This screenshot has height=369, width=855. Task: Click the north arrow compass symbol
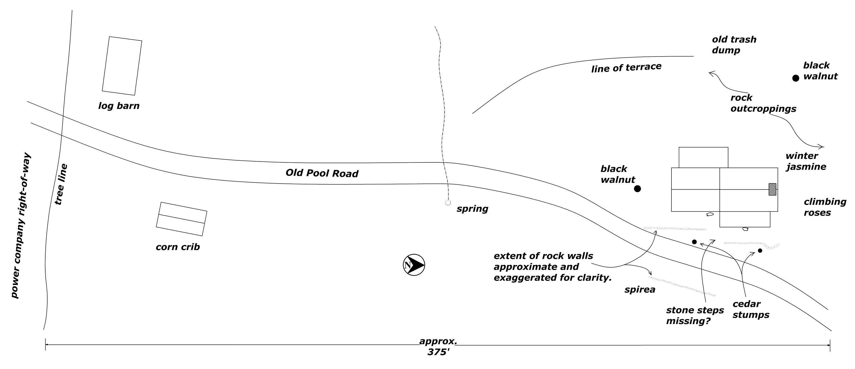click(x=414, y=265)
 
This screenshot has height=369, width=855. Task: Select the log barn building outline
click(x=122, y=66)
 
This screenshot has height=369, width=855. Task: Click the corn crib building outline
click(x=182, y=219)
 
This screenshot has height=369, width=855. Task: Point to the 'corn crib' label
click(x=178, y=247)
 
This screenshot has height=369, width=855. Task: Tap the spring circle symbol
click(x=448, y=202)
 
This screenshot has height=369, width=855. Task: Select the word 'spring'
click(x=472, y=209)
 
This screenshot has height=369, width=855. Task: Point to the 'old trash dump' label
click(x=734, y=45)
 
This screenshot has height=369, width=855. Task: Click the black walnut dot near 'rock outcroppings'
click(x=796, y=78)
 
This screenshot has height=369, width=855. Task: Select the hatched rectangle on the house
click(x=772, y=189)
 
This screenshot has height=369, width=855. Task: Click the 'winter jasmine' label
click(x=805, y=161)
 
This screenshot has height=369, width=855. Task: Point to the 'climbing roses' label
click(x=825, y=207)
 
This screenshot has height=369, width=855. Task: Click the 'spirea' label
click(x=640, y=290)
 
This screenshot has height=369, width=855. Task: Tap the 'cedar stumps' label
click(x=750, y=309)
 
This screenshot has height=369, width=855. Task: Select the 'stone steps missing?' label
click(x=695, y=315)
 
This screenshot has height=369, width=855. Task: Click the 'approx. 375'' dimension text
click(x=438, y=347)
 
